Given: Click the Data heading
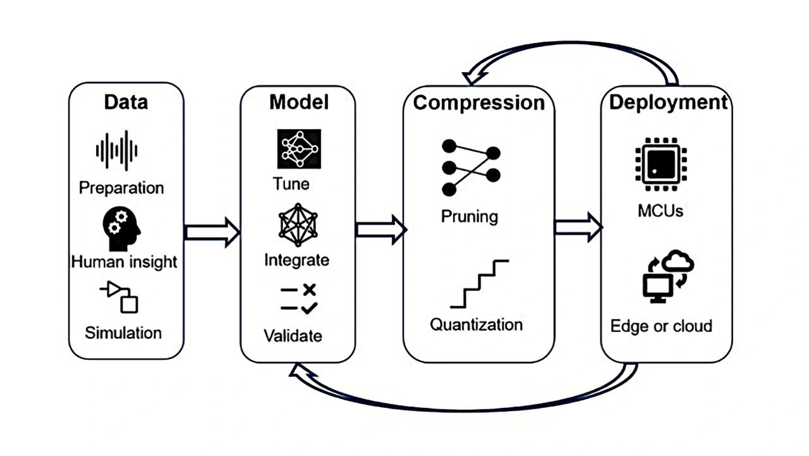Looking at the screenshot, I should pyautogui.click(x=126, y=102).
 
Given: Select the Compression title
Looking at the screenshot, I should pyautogui.click(x=478, y=103).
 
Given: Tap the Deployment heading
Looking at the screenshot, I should pyautogui.click(x=668, y=102).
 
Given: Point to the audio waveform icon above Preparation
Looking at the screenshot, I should pyautogui.click(x=116, y=151).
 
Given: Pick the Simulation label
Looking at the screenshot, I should pyautogui.click(x=123, y=333).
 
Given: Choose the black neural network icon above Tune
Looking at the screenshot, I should pyautogui.click(x=299, y=149).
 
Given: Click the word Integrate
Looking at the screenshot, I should pyautogui.click(x=296, y=260).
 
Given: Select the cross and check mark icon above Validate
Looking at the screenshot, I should pyautogui.click(x=298, y=299).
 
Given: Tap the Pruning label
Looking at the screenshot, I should pyautogui.click(x=470, y=216).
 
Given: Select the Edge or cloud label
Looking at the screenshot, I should pyautogui.click(x=661, y=326).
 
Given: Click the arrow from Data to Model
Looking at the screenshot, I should pyautogui.click(x=212, y=232).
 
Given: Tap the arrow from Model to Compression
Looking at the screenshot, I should pyautogui.click(x=380, y=228).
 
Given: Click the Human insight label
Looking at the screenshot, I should pyautogui.click(x=124, y=261).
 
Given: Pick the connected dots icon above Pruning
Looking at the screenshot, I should pyautogui.click(x=471, y=167).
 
